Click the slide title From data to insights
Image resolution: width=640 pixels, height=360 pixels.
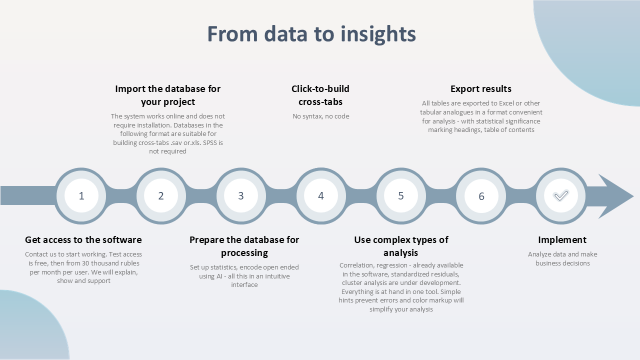(311, 34)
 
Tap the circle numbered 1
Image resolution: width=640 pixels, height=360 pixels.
(81, 195)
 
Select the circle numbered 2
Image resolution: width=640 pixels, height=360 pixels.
(161, 195)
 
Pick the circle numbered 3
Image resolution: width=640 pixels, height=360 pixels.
(241, 195)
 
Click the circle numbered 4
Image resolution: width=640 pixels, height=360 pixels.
(321, 195)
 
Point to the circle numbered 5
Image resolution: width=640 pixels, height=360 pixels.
(401, 195)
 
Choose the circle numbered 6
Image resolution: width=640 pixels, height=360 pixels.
(481, 196)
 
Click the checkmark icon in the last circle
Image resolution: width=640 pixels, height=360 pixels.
(561, 195)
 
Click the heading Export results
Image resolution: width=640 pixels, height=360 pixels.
(481, 89)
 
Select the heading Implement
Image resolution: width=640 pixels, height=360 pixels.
(562, 239)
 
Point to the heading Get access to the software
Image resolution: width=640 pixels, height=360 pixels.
(83, 239)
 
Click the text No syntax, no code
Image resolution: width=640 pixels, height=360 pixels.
(320, 116)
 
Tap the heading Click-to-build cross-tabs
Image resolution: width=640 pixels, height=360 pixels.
(320, 95)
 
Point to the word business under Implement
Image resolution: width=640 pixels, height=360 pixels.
(547, 263)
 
